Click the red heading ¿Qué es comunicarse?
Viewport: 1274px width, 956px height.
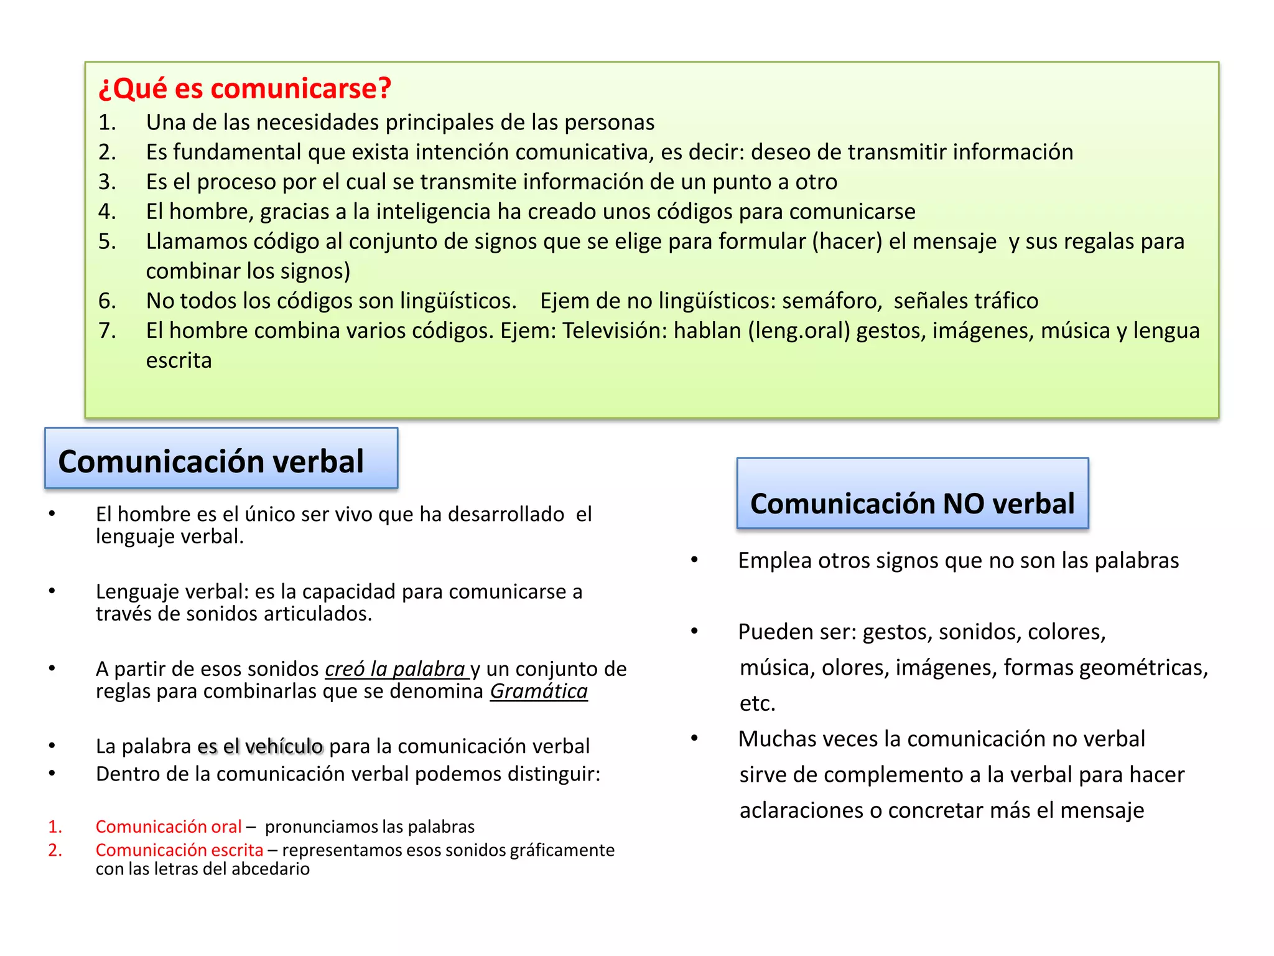244,88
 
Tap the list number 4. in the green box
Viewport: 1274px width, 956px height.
107,212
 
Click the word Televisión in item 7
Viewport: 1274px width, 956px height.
615,331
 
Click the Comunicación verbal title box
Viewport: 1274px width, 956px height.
221,459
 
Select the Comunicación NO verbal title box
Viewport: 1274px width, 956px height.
912,494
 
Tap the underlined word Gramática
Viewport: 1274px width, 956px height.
539,691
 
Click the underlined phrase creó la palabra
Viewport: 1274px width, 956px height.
396,669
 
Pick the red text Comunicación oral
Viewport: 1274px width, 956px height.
168,827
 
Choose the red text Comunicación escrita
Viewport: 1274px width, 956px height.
179,850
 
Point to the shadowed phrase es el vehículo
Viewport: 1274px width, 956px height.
260,746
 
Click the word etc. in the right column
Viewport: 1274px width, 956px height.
757,703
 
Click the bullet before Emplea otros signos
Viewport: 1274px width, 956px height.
694,560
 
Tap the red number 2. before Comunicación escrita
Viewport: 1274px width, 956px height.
55,850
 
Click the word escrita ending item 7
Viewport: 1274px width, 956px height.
179,361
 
